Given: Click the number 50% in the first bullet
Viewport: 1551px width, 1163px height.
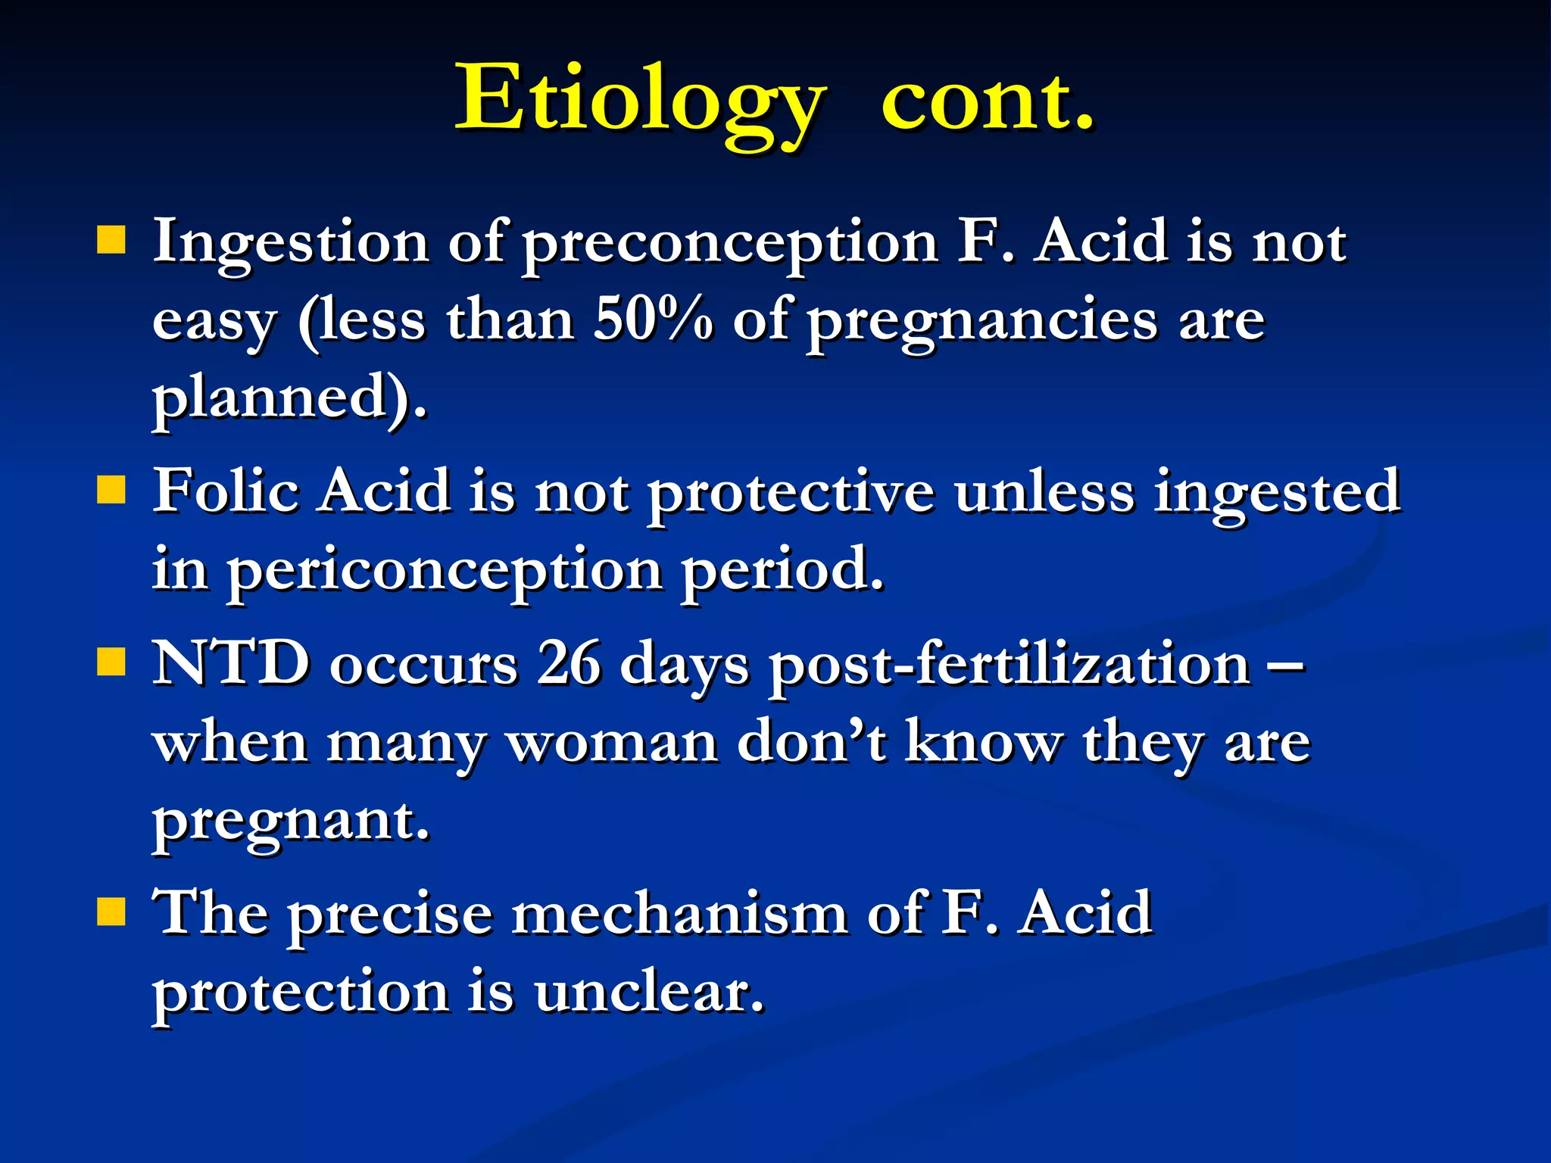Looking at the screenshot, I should click(653, 320).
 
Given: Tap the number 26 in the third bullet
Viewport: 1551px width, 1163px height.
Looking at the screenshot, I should click(569, 663).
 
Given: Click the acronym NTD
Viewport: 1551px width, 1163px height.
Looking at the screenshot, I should click(231, 663).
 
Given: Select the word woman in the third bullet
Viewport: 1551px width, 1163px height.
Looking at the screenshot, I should click(613, 742).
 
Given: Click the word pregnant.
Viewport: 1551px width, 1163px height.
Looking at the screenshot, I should click(291, 821).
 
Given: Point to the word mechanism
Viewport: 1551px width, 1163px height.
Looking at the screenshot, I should click(679, 913).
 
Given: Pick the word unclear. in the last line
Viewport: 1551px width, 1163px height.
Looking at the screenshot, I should click(649, 992).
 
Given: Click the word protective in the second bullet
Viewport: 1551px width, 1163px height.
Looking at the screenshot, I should click(790, 492).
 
